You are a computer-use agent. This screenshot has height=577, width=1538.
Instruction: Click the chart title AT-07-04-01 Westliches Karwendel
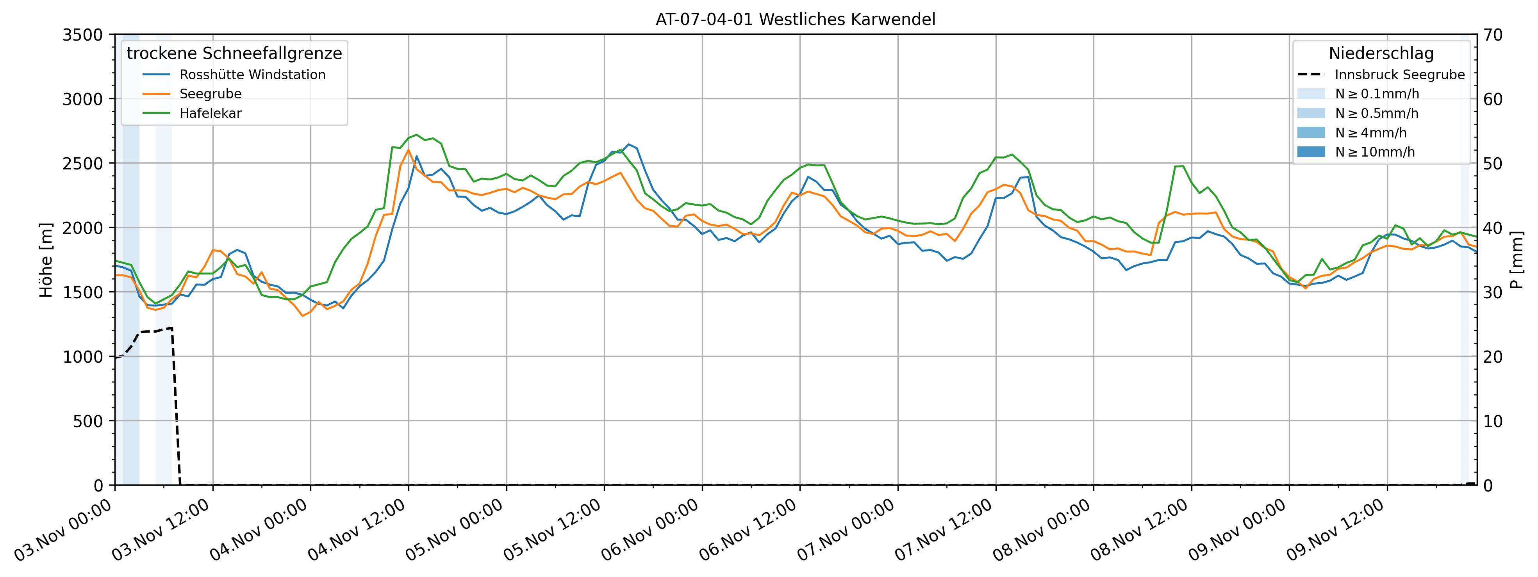point(795,20)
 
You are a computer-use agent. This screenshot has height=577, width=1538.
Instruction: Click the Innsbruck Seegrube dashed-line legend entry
point(1399,75)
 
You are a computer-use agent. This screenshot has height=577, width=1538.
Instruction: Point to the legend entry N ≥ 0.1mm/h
point(1376,94)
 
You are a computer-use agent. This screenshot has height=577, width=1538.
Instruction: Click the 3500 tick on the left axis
point(82,35)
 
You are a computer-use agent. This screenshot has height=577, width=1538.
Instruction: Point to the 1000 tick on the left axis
point(82,357)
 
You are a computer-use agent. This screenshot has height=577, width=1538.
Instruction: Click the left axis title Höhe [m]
point(46,260)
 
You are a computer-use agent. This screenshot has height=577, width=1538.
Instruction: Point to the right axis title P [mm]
point(1517,260)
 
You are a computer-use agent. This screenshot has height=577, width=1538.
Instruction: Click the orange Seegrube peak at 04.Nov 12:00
point(409,150)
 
